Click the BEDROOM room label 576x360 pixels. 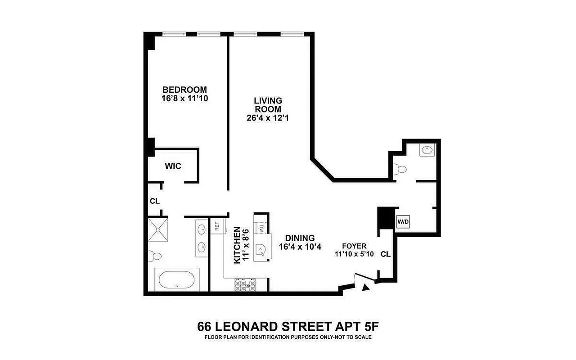pos(184,90)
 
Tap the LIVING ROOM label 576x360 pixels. pos(267,105)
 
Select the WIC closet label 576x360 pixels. pos(173,166)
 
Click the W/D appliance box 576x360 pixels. pos(402,221)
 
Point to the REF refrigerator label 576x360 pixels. pos(217,227)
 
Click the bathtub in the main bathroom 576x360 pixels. pos(177,280)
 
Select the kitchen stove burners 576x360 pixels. pos(245,284)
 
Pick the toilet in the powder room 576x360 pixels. pos(400,169)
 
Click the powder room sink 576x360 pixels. pos(427,149)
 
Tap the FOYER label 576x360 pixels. pos(354,246)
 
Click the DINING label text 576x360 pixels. pos(300,238)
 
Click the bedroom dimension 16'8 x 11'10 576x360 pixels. pos(184,98)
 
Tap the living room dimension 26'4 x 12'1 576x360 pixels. pos(267,118)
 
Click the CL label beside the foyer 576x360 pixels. pos(385,254)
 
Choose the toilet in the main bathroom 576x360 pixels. pos(156,256)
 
